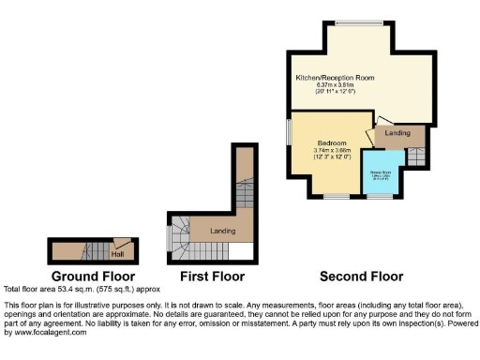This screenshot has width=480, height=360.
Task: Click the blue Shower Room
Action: (x=380, y=175)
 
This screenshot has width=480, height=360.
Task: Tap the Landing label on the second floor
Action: (x=399, y=133)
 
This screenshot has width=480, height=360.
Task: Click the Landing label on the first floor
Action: (x=222, y=230)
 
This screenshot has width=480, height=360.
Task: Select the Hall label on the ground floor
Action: (x=118, y=252)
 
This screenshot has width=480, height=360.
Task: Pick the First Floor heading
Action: (x=213, y=277)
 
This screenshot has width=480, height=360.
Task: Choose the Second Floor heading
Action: (x=362, y=277)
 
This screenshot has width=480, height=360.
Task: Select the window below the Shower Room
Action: (x=380, y=196)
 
